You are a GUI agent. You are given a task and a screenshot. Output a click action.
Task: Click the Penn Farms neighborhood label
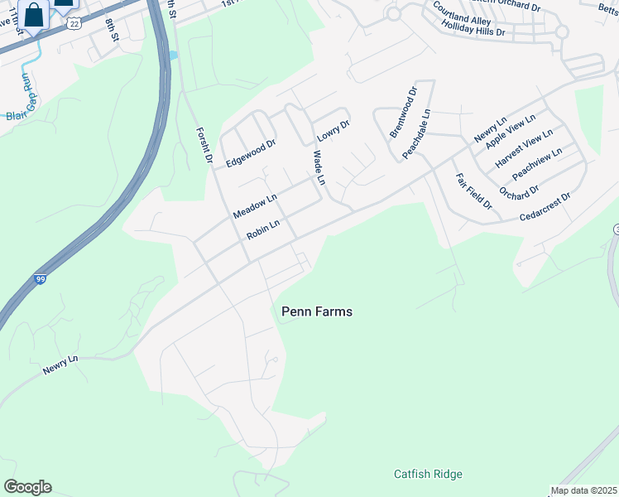tap(317, 311)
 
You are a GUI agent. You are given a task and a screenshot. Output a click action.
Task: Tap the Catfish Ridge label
tap(428, 475)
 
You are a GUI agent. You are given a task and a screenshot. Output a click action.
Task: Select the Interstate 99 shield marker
tap(41, 280)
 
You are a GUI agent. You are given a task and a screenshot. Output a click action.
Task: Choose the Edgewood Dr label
tap(250, 147)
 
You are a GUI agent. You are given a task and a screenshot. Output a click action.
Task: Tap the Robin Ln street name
tap(263, 229)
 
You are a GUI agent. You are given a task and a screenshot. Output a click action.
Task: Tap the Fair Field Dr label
tap(473, 191)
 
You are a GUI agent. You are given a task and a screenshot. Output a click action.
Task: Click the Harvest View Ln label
tap(523, 150)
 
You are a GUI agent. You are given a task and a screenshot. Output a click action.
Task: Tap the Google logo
tap(27, 487)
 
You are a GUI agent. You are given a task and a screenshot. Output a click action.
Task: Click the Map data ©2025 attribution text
tap(583, 490)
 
